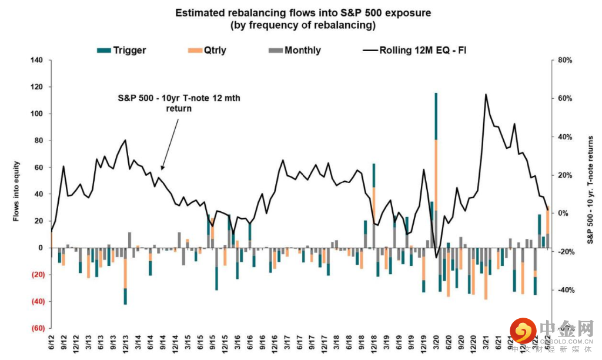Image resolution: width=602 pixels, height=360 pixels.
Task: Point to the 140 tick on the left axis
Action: click(x=37, y=60)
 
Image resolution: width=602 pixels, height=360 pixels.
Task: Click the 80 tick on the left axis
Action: click(x=39, y=141)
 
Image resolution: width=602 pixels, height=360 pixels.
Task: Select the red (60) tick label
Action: click(x=37, y=328)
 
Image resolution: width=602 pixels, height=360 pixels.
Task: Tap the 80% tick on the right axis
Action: click(x=564, y=60)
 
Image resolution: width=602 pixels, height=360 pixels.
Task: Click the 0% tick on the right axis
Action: click(x=563, y=214)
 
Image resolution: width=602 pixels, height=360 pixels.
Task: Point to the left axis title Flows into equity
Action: click(x=18, y=191)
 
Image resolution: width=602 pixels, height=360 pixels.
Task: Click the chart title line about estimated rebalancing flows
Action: click(x=300, y=13)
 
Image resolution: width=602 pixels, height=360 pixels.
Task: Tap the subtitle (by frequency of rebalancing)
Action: click(x=300, y=25)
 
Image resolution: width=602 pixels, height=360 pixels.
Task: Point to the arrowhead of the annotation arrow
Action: click(x=162, y=169)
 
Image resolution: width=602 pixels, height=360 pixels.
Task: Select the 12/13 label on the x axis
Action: click(x=125, y=342)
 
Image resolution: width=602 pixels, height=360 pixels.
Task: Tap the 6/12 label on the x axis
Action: click(x=51, y=342)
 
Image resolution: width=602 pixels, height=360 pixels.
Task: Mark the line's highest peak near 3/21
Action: click(x=486, y=94)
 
